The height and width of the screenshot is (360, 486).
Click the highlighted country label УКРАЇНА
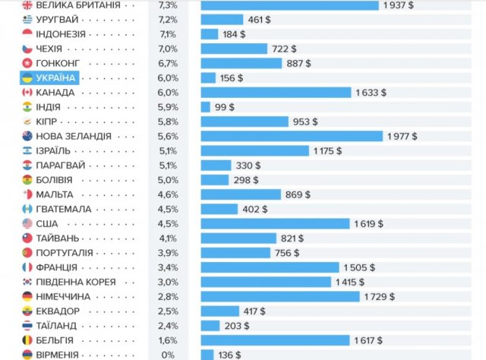[x=55, y=77]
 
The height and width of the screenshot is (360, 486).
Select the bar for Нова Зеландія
[x=292, y=136]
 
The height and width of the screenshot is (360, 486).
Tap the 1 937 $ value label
[x=400, y=5]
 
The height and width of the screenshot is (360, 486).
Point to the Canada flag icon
[x=27, y=92]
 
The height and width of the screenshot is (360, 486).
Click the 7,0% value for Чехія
[x=168, y=49]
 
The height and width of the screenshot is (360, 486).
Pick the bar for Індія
[x=205, y=107]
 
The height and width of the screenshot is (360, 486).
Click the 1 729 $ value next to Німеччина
[x=380, y=296]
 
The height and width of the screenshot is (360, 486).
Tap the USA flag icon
[x=27, y=223]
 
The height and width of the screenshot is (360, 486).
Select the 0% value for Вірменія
[x=168, y=355]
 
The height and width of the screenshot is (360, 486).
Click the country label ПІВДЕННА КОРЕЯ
[x=76, y=282]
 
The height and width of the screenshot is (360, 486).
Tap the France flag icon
[x=27, y=267]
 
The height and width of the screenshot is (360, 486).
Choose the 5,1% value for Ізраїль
[x=168, y=150]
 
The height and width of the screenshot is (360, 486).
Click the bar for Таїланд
[x=210, y=326]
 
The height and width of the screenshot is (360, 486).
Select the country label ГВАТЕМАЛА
[x=64, y=209]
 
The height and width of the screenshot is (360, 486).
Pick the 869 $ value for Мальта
[x=297, y=194]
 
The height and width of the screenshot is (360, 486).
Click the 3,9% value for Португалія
[x=168, y=253]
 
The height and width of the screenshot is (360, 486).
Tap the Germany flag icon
[x=27, y=296]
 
